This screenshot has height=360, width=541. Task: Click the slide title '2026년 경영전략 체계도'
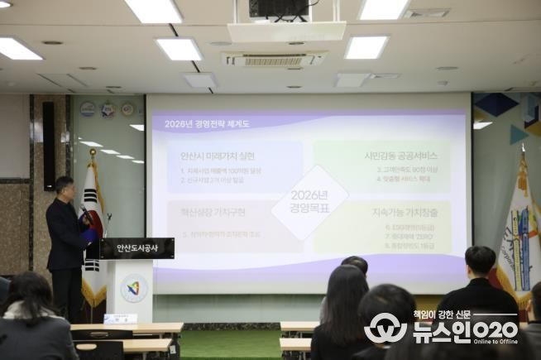pyautogui.click(x=207, y=124)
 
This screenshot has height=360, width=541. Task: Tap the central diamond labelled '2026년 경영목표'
pyautogui.click(x=310, y=202)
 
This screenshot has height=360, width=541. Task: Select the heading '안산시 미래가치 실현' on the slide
pyautogui.click(x=218, y=156)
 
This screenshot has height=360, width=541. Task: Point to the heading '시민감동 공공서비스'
pyautogui.click(x=400, y=155)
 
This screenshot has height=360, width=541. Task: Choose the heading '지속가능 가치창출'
pyautogui.click(x=404, y=212)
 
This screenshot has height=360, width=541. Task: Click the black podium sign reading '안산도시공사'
pyautogui.click(x=138, y=247)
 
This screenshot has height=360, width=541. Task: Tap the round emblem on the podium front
pyautogui.click(x=134, y=288)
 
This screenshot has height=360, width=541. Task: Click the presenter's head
pyautogui.click(x=65, y=185)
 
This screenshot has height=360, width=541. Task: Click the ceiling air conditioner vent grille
pyautogui.click(x=274, y=60)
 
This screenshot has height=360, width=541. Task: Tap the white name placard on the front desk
pyautogui.click(x=121, y=319)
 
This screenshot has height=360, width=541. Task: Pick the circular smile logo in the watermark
pyautogui.click(x=385, y=328)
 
